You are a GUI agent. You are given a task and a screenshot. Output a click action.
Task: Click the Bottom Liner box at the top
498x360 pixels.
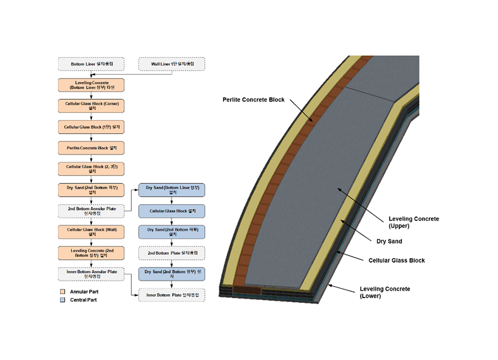[x=92, y=64]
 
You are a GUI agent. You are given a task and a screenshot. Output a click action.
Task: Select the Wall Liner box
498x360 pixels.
[x=172, y=64]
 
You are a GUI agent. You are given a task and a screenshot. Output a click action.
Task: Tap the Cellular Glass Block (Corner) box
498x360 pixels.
[x=92, y=106]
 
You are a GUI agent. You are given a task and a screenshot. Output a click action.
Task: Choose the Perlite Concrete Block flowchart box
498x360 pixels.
[x=92, y=148]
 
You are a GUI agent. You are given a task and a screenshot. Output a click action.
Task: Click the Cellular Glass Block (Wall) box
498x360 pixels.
[x=92, y=232]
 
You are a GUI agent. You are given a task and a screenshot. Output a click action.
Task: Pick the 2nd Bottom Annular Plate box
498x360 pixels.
[x=92, y=210]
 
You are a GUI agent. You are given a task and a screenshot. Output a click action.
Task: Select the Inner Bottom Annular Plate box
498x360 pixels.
[x=92, y=274]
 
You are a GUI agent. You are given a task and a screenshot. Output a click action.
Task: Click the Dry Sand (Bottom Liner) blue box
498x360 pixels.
[x=172, y=190]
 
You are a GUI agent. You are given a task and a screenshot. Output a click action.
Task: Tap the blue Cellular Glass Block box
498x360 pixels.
[x=172, y=211]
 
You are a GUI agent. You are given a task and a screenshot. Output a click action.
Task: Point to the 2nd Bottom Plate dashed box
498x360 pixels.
[x=172, y=253]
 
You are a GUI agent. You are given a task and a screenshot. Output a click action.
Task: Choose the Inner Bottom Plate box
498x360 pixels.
[x=172, y=295]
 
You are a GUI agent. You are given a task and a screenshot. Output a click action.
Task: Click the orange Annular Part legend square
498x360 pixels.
[x=63, y=291]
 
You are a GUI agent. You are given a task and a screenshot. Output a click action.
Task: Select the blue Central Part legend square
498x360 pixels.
[x=63, y=300]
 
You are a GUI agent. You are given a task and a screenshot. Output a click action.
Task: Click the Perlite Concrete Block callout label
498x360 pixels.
[x=253, y=100]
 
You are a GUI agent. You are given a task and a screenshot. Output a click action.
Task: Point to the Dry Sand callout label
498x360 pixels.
[x=389, y=241]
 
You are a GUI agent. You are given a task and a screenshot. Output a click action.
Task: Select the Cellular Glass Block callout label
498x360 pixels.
[x=397, y=260]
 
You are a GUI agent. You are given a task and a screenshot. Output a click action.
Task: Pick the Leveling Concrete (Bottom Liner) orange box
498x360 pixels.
[x=92, y=85]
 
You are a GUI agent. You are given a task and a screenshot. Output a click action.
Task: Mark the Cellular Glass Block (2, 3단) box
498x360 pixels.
[x=92, y=169]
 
